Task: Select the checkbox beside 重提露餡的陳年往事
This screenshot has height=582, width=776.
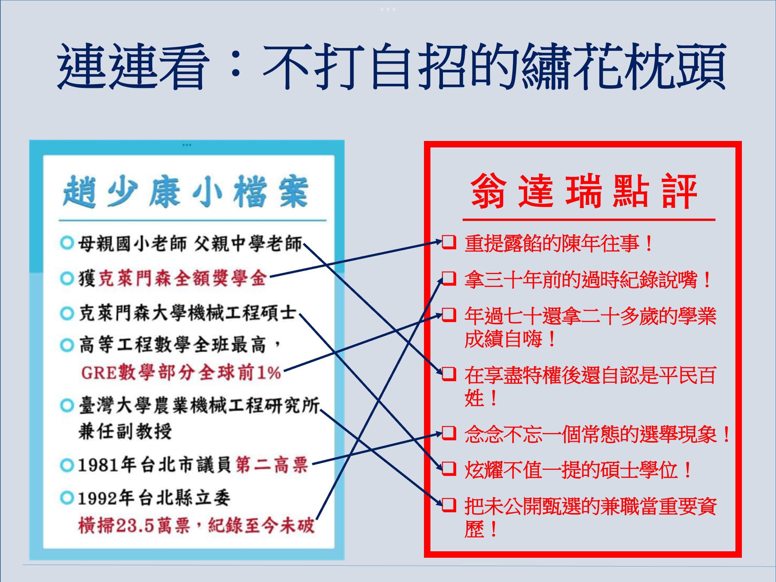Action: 449,242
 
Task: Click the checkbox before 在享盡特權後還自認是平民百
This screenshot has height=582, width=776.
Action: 449,374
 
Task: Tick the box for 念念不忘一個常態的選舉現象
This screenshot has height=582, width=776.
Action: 449,433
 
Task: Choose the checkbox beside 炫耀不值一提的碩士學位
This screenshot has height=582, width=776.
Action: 449,469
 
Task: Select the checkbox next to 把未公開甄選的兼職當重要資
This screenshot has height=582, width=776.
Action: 449,505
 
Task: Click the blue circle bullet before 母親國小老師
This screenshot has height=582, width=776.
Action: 67,243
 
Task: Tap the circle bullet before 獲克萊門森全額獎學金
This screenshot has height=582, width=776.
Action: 67,279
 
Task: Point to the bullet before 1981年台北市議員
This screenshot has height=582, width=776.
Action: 67,465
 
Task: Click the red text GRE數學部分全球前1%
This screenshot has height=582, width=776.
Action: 181,373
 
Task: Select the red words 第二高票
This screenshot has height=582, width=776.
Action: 271,465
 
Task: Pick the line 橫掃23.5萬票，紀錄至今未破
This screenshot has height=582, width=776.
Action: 196,526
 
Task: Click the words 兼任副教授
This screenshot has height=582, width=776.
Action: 125,431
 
